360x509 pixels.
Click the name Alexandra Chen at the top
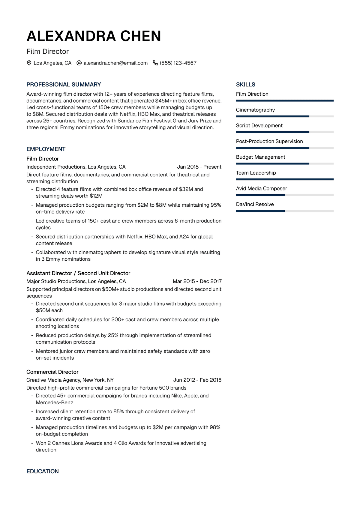click(x=94, y=36)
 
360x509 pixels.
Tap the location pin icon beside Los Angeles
click(x=29, y=63)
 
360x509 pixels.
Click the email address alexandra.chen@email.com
click(x=115, y=63)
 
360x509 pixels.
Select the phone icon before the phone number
click(x=155, y=63)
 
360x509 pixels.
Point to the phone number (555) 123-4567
click(x=178, y=63)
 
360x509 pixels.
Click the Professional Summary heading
click(x=64, y=85)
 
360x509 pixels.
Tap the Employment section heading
click(x=46, y=149)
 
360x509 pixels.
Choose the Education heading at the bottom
click(x=43, y=471)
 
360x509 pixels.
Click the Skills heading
click(x=246, y=85)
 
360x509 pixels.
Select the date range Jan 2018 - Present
click(x=199, y=167)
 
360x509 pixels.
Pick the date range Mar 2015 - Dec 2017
click(x=197, y=281)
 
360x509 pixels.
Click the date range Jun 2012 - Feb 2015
click(x=197, y=380)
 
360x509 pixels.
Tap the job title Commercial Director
click(x=52, y=372)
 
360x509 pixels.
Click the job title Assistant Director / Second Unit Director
click(x=78, y=273)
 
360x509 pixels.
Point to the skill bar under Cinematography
click(x=285, y=116)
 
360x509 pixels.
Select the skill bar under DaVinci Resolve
click(x=285, y=211)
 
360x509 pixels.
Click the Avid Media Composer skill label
click(x=261, y=188)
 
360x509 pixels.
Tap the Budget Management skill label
click(x=260, y=157)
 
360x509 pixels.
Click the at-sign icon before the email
click(x=79, y=63)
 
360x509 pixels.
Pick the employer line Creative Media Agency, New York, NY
click(x=70, y=380)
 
